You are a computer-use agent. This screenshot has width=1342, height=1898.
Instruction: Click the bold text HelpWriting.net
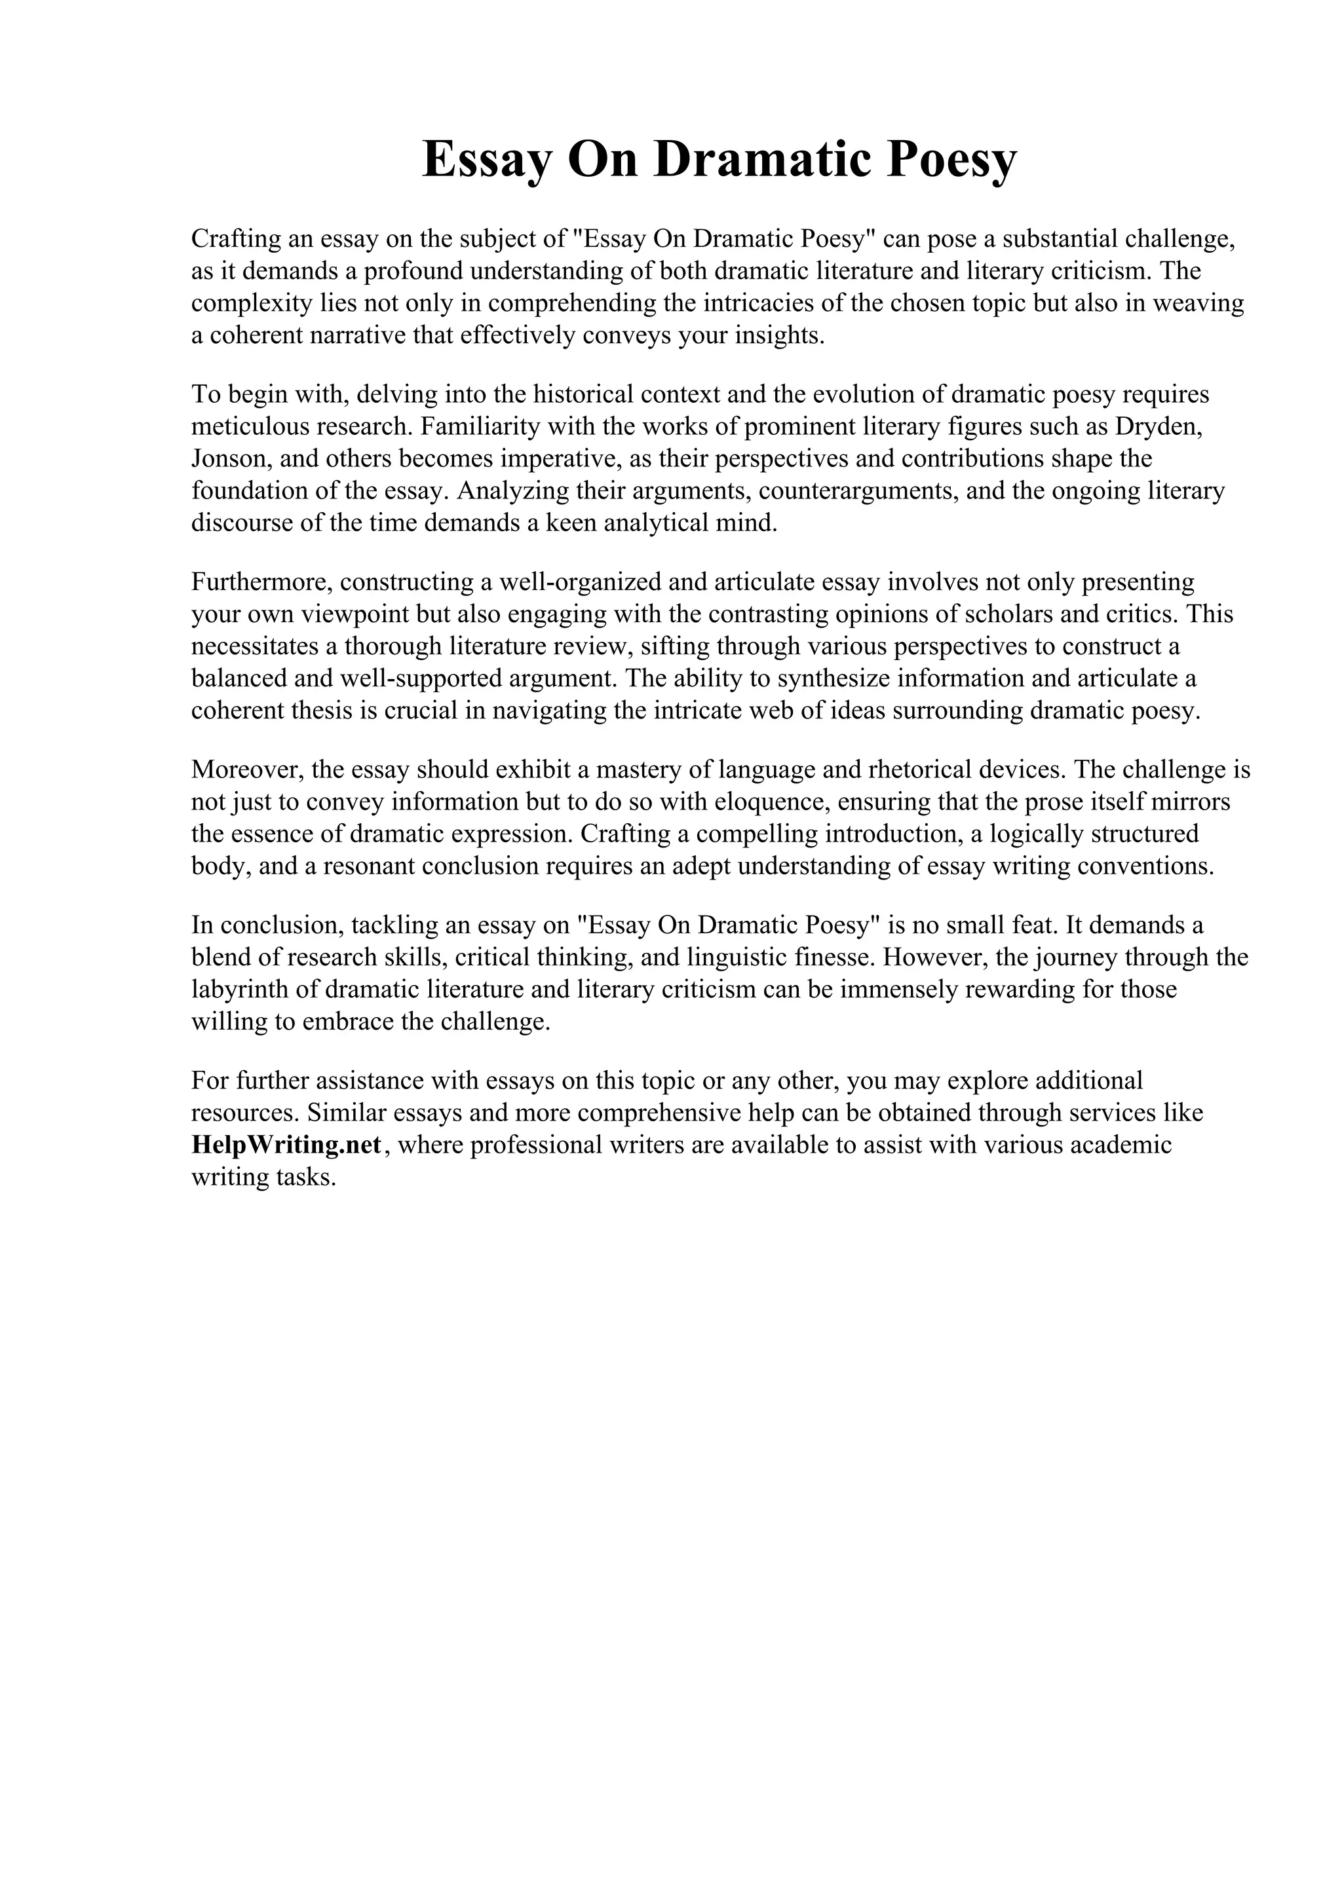coord(286,1145)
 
